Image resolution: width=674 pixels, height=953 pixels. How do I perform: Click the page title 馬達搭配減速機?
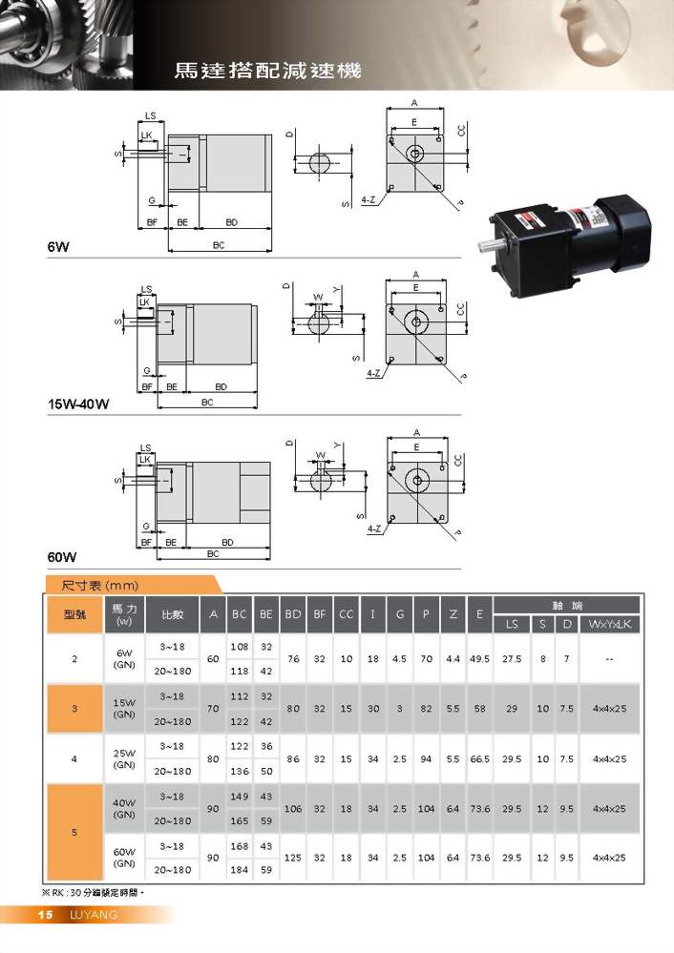click(x=267, y=71)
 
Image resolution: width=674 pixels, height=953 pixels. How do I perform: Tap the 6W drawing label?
click(x=58, y=247)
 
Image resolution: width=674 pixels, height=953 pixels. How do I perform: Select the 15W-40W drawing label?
click(x=78, y=404)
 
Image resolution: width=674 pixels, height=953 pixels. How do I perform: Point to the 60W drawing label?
click(x=62, y=557)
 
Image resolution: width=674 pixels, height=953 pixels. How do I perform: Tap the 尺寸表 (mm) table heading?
click(x=100, y=586)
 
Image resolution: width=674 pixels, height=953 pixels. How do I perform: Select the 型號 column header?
click(x=74, y=614)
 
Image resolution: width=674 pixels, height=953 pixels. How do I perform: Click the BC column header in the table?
click(x=239, y=614)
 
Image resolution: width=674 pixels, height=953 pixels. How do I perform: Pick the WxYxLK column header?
click(x=609, y=624)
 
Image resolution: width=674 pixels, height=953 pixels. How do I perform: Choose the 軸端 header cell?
click(x=567, y=606)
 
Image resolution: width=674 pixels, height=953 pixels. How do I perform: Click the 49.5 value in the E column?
click(x=479, y=659)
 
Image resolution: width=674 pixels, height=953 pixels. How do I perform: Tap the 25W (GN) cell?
click(x=124, y=758)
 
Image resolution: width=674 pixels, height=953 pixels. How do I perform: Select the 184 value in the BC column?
click(x=239, y=870)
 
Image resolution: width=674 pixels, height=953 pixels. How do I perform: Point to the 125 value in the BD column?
click(x=293, y=858)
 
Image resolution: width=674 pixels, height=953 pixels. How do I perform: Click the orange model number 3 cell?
click(x=74, y=709)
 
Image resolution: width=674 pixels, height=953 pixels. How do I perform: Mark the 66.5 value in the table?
click(x=479, y=759)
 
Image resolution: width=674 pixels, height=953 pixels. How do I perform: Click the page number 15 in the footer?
click(x=45, y=915)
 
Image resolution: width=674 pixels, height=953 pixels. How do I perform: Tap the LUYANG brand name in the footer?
click(x=93, y=915)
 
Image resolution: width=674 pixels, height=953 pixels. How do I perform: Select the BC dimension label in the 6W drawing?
click(x=219, y=245)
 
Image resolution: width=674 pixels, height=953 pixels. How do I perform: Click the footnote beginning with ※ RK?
click(x=93, y=893)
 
